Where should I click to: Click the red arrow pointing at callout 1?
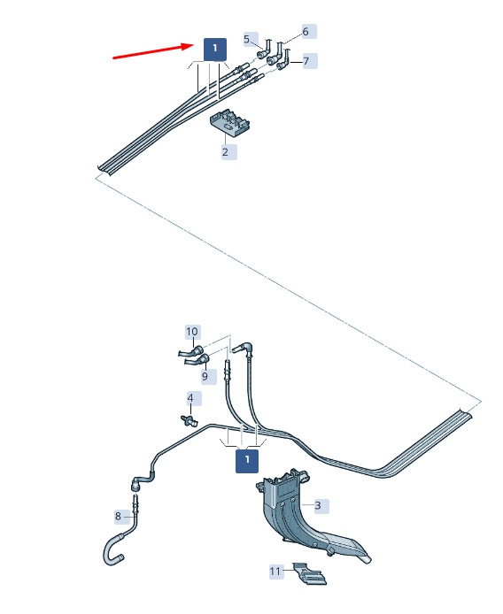pyautogui.click(x=153, y=51)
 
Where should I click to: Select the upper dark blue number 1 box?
pyautogui.click(x=215, y=50)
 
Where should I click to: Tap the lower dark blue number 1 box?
pyautogui.click(x=247, y=461)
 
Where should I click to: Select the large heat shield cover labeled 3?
pyautogui.click(x=306, y=517)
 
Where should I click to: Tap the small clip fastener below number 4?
pyautogui.click(x=190, y=421)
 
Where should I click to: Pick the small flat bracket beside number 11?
pyautogui.click(x=310, y=573)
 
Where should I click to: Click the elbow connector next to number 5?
pyautogui.click(x=265, y=50)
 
